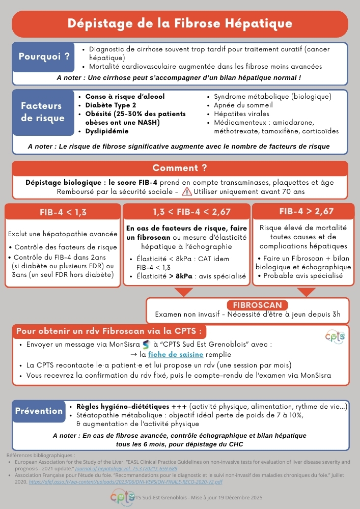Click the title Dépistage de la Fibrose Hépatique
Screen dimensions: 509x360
(x=180, y=23)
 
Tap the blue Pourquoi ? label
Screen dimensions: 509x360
(x=44, y=56)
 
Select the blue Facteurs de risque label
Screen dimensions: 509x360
(x=42, y=112)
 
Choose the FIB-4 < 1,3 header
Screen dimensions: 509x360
(x=63, y=212)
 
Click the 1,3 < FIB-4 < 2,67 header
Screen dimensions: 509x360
(x=186, y=212)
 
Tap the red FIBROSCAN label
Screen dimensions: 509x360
(x=257, y=304)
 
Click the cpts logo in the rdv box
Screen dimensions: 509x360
(x=335, y=336)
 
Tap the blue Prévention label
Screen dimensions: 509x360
(x=38, y=411)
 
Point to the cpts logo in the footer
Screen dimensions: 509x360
(x=120, y=496)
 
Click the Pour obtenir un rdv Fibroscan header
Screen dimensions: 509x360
(x=108, y=331)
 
